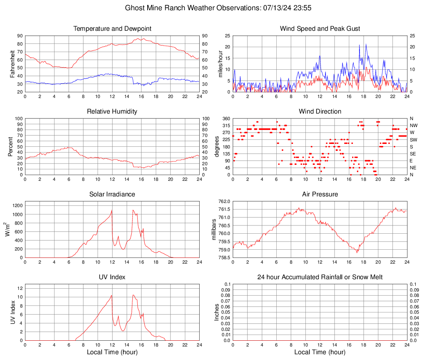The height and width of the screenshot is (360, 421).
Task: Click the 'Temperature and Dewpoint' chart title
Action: click(x=112, y=29)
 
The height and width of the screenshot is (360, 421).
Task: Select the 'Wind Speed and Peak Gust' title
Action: click(x=320, y=29)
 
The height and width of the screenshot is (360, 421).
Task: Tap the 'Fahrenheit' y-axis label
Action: click(x=12, y=64)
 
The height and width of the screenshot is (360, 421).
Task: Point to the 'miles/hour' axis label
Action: click(x=220, y=64)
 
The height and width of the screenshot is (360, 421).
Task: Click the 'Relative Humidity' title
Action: click(x=112, y=112)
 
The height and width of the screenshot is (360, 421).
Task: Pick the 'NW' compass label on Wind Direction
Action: click(x=414, y=125)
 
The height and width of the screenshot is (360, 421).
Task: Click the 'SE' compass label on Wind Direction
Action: click(x=413, y=154)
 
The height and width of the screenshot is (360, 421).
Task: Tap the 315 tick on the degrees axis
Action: click(x=226, y=125)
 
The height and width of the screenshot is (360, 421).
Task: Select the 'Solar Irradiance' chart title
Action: click(x=112, y=194)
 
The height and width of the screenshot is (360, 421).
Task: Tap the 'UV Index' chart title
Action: click(x=112, y=277)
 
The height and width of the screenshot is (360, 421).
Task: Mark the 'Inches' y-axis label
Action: click(x=217, y=312)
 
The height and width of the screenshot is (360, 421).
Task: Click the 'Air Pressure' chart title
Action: click(x=320, y=194)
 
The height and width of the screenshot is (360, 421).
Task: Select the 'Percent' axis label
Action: click(x=10, y=146)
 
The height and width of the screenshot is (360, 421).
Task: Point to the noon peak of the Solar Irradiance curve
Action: click(x=112, y=210)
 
